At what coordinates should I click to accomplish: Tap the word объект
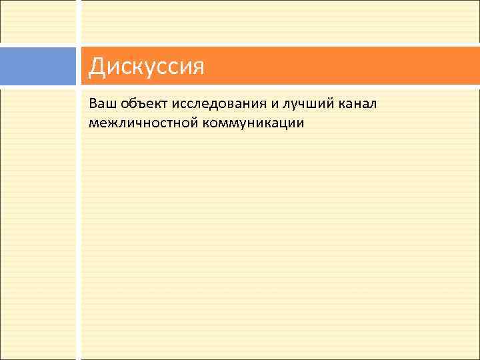coord(143,105)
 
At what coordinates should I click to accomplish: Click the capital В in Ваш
coord(92,105)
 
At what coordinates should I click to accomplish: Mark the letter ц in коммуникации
coord(288,124)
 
